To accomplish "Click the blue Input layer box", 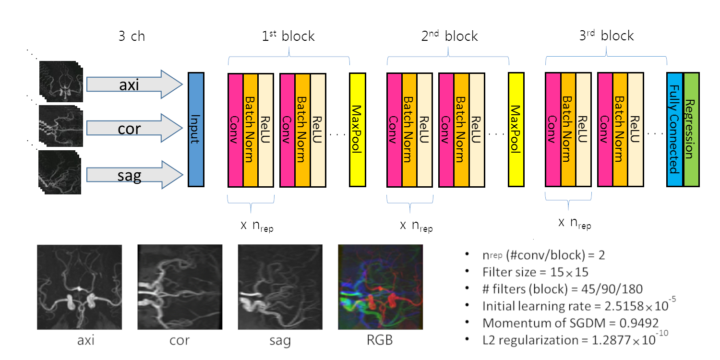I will pyautogui.click(x=196, y=129).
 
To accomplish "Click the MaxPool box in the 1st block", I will pyautogui.click(x=358, y=129).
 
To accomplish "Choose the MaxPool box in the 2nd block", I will pyautogui.click(x=516, y=129).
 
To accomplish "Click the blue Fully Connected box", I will pyautogui.click(x=674, y=129).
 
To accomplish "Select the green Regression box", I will pyautogui.click(x=691, y=129).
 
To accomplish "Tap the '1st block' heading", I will pyautogui.click(x=288, y=36).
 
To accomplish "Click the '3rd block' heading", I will pyautogui.click(x=607, y=36).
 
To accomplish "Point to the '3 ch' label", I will pyautogui.click(x=131, y=36).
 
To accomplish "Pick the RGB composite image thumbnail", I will pyautogui.click(x=380, y=287).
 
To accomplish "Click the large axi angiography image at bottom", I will pyautogui.click(x=80, y=287).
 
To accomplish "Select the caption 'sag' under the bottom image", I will pyautogui.click(x=280, y=341).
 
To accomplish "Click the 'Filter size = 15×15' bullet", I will pyautogui.click(x=535, y=272).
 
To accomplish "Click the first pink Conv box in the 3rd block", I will pyautogui.click(x=553, y=129).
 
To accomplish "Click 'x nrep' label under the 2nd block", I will pyautogui.click(x=416, y=227).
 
